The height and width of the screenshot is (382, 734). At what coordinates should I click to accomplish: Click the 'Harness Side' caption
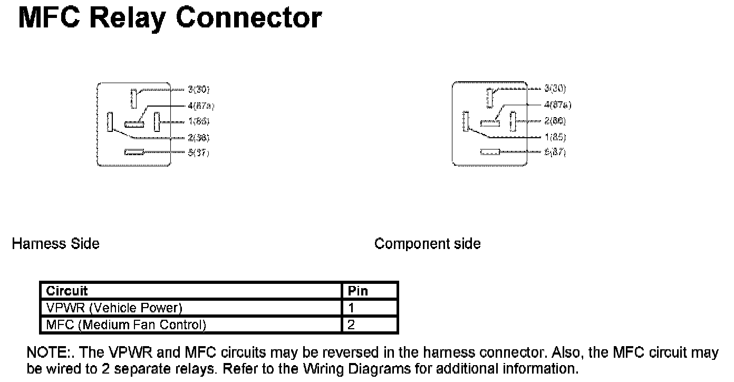[55, 244]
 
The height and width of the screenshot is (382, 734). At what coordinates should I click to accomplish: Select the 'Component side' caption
[427, 244]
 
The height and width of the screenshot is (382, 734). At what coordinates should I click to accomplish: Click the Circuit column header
[67, 291]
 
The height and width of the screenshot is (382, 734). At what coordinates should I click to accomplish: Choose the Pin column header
[358, 291]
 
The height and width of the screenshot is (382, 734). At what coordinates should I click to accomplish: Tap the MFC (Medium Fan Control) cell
[125, 324]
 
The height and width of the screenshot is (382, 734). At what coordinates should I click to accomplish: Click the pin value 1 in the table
[351, 308]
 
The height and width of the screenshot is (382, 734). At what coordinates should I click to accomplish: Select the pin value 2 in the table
[351, 324]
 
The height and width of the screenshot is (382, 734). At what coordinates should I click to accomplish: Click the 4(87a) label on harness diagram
[200, 106]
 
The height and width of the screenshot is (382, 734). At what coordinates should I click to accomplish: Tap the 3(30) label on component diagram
[555, 88]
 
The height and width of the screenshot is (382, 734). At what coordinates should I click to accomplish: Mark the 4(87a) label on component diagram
[557, 105]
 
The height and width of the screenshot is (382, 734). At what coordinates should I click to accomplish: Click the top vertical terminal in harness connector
[134, 98]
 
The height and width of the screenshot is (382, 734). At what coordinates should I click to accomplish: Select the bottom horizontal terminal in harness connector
[134, 152]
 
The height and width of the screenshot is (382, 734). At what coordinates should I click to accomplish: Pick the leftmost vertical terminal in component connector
[466, 121]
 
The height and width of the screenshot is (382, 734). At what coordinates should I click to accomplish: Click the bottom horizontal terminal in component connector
[490, 152]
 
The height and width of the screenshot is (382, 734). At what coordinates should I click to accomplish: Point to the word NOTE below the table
[44, 352]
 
